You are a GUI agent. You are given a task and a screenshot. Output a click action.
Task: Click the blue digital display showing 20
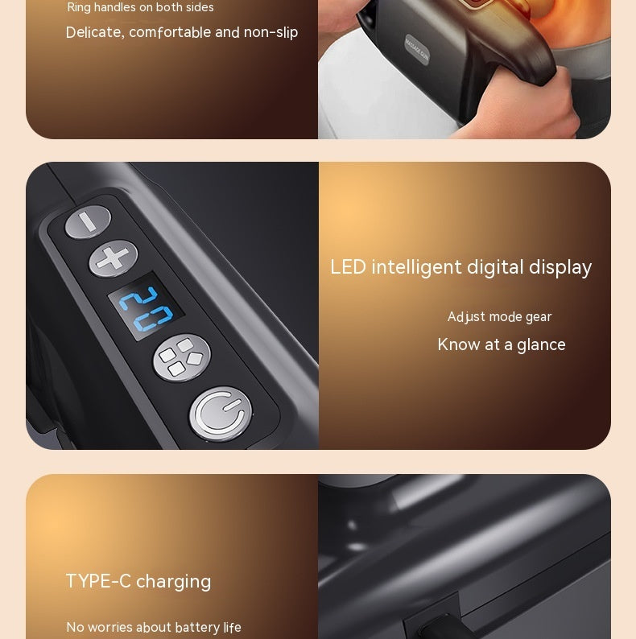click(x=147, y=307)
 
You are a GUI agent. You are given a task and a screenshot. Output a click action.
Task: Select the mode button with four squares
click(x=181, y=357)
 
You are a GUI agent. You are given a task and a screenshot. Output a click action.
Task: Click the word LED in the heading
click(x=348, y=267)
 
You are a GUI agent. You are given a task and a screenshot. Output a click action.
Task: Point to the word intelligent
click(x=416, y=267)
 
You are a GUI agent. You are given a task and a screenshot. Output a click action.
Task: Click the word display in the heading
click(x=560, y=267)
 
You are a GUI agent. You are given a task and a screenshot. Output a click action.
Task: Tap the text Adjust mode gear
click(x=499, y=317)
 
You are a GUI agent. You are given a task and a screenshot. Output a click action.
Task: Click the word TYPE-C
click(x=98, y=582)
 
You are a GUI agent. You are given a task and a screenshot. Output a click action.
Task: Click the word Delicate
click(x=93, y=33)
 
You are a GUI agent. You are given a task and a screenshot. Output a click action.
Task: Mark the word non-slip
click(x=271, y=33)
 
